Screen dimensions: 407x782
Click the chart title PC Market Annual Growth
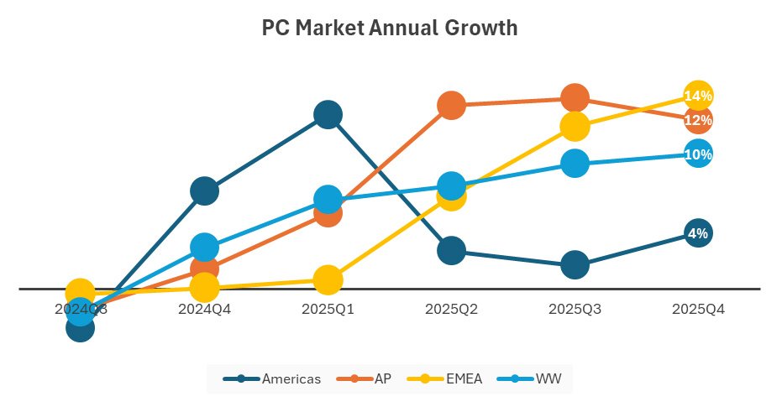pyautogui.click(x=390, y=29)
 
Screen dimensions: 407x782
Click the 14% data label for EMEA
pyautogui.click(x=698, y=97)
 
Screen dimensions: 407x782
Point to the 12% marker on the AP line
pyautogui.click(x=698, y=121)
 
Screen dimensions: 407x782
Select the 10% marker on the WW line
pyautogui.click(x=698, y=154)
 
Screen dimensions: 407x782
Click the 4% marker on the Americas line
pyautogui.click(x=698, y=234)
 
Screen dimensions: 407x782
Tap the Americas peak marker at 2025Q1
pyautogui.click(x=328, y=114)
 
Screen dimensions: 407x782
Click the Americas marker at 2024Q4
pyautogui.click(x=204, y=191)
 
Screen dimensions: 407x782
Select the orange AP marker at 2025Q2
pyautogui.click(x=451, y=105)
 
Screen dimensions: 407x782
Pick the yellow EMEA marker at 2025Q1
pyautogui.click(x=328, y=279)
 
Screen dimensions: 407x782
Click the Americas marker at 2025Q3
pyautogui.click(x=575, y=265)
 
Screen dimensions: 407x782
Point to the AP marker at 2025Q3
pyautogui.click(x=575, y=98)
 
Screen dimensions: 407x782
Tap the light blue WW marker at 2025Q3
pyautogui.click(x=575, y=163)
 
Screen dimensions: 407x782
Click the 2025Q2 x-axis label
pyautogui.click(x=451, y=309)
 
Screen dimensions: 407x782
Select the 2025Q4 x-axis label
pyautogui.click(x=698, y=309)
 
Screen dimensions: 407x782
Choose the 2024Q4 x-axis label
pyautogui.click(x=204, y=309)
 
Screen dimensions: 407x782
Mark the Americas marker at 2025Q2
pyautogui.click(x=451, y=250)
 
